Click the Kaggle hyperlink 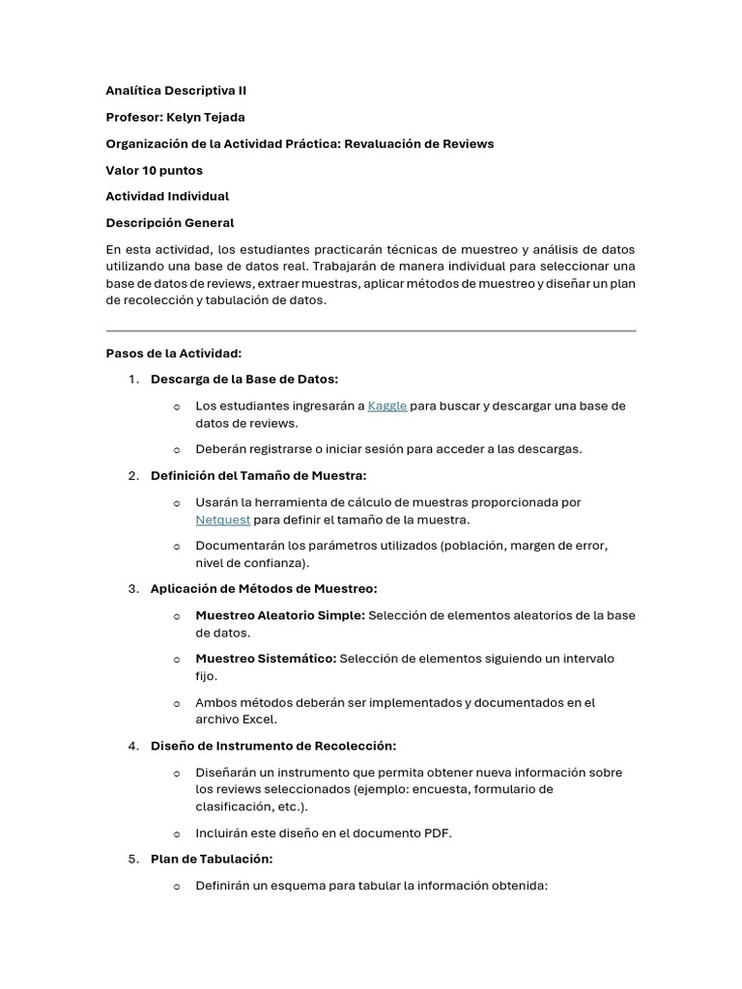[386, 406]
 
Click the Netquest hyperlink [222, 520]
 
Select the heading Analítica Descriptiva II [176, 91]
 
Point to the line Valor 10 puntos [154, 170]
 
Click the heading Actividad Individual [167, 196]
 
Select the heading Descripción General [169, 223]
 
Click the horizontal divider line [371, 331]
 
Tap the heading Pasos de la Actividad [173, 353]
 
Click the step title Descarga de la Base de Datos [244, 379]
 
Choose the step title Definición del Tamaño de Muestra [258, 475]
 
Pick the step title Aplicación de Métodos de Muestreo [264, 588]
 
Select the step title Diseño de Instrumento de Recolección [273, 746]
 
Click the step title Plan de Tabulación [212, 859]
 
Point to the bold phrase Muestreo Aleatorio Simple [279, 615]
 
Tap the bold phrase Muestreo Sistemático [266, 659]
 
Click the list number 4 [132, 746]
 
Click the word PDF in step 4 [437, 833]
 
